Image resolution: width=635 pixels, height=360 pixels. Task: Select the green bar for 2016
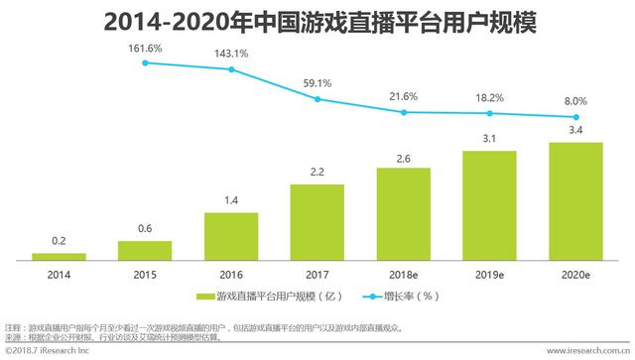click(231, 236)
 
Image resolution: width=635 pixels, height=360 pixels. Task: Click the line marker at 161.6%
click(146, 62)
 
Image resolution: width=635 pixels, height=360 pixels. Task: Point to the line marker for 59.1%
click(317, 98)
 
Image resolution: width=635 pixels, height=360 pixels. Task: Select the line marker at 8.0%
click(574, 117)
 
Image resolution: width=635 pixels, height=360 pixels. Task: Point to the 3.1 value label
click(489, 140)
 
